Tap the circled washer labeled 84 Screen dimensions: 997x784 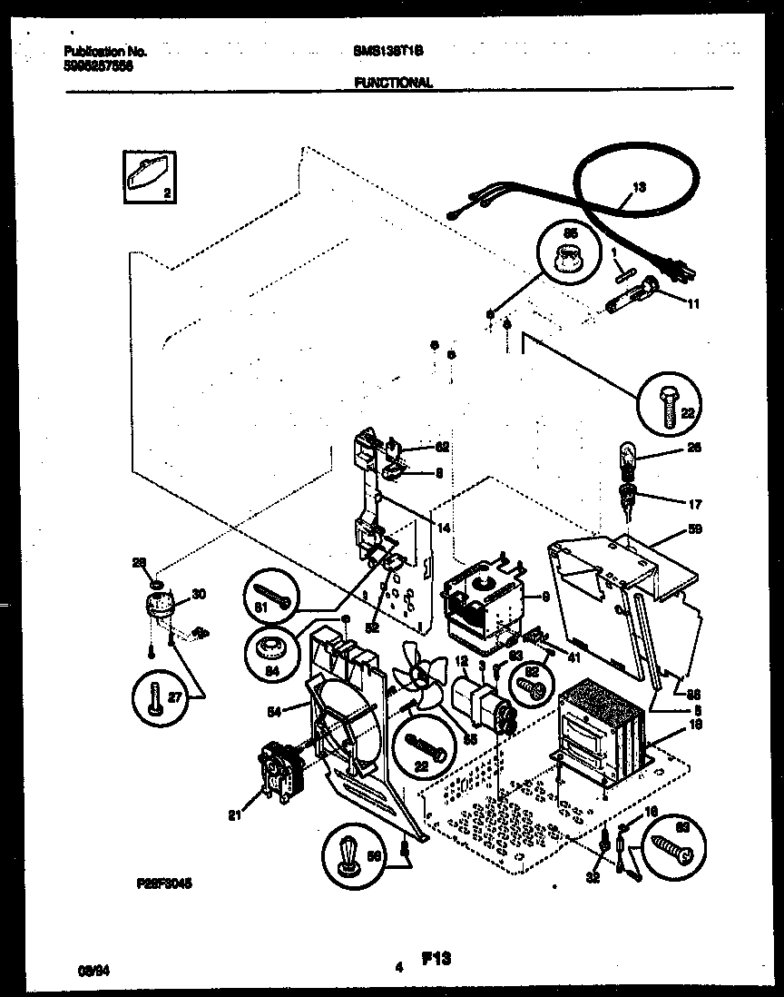[271, 648]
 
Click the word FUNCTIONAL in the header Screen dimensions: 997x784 [392, 83]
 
